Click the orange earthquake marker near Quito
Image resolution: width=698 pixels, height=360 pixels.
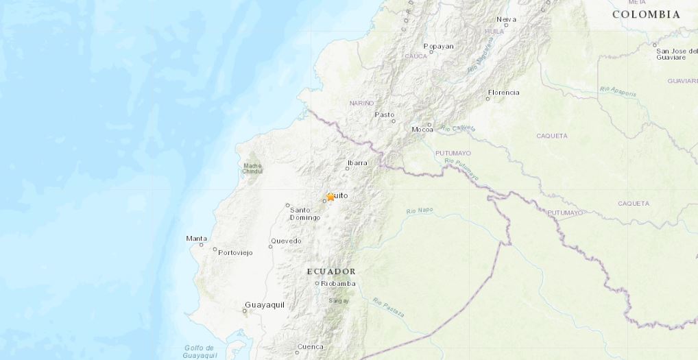click(330, 197)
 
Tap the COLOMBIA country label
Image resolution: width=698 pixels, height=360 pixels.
click(646, 14)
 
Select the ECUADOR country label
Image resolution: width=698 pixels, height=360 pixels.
click(331, 272)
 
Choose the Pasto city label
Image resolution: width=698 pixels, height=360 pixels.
click(384, 115)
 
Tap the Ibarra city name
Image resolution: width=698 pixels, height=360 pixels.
click(357, 163)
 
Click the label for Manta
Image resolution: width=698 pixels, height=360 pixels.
click(196, 239)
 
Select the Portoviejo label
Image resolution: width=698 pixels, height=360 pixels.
click(235, 252)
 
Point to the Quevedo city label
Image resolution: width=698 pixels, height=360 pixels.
click(286, 241)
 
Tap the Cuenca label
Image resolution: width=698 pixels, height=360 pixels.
click(309, 346)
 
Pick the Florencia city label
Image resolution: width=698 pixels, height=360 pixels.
click(503, 93)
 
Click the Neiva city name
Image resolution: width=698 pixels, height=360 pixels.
click(506, 19)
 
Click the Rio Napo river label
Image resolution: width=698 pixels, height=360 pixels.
click(420, 211)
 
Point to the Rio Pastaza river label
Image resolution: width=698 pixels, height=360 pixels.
click(388, 308)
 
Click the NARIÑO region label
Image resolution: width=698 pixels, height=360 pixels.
click(361, 103)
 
